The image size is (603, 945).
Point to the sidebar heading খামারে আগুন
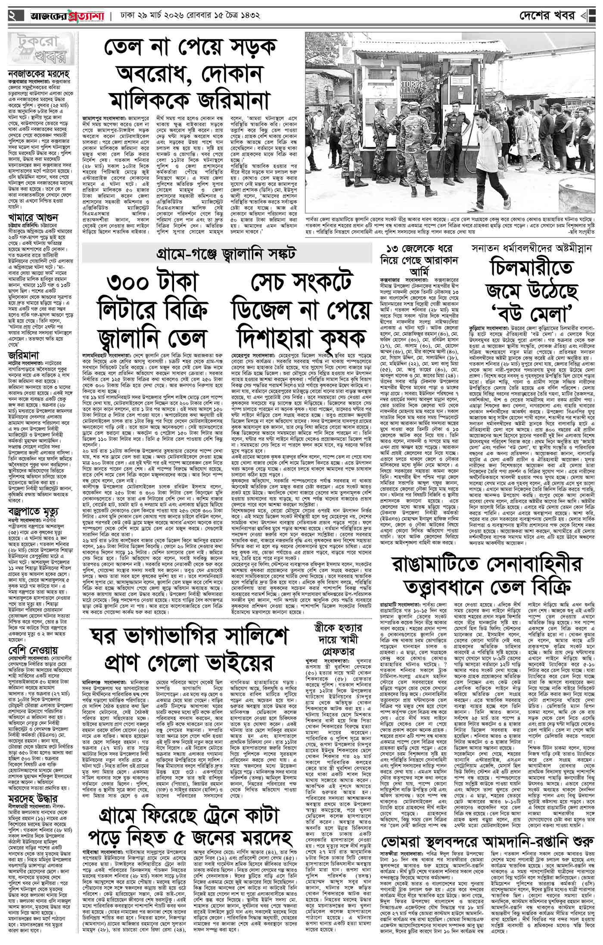pyautogui.click(x=30, y=218)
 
